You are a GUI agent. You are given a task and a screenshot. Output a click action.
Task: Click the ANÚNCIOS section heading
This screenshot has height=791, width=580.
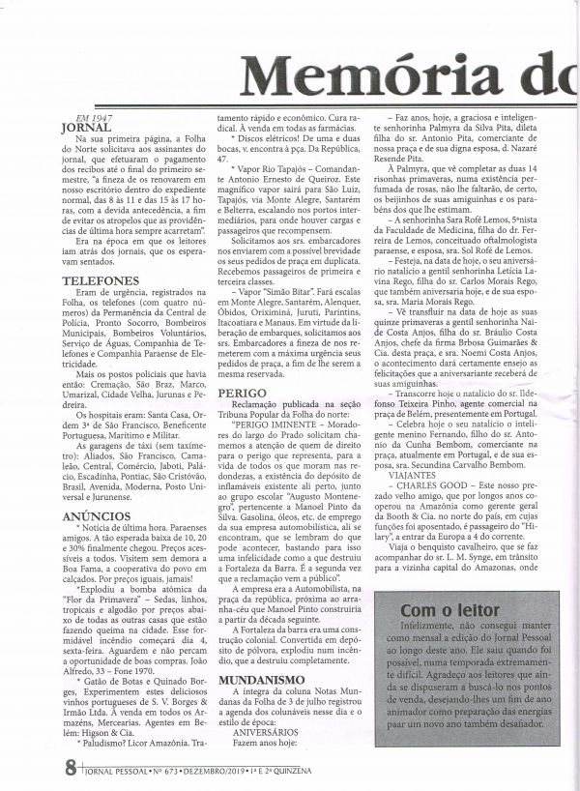tap(90, 516)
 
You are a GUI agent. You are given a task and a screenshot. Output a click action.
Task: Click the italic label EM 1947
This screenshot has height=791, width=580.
tap(80, 115)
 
